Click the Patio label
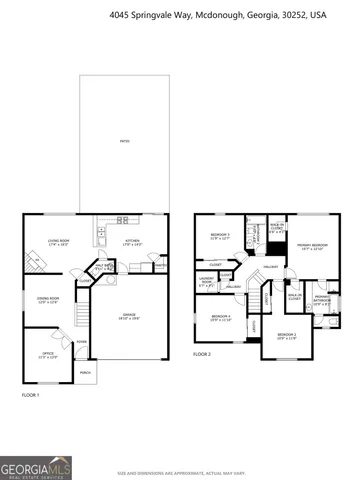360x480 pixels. tap(123, 143)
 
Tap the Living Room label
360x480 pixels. tap(58, 241)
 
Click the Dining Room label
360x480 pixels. tap(48, 300)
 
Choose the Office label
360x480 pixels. tap(48, 354)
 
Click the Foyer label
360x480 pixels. tap(82, 343)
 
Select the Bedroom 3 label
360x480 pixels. tap(220, 236)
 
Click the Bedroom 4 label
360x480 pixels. tap(221, 318)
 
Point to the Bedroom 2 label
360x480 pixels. tap(287, 336)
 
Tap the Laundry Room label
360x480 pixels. tap(206, 281)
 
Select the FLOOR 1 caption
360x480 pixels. tap(30, 396)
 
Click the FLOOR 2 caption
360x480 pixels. tap(202, 355)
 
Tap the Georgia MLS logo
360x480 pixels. tap(27, 467)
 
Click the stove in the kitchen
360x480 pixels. tap(122, 219)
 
